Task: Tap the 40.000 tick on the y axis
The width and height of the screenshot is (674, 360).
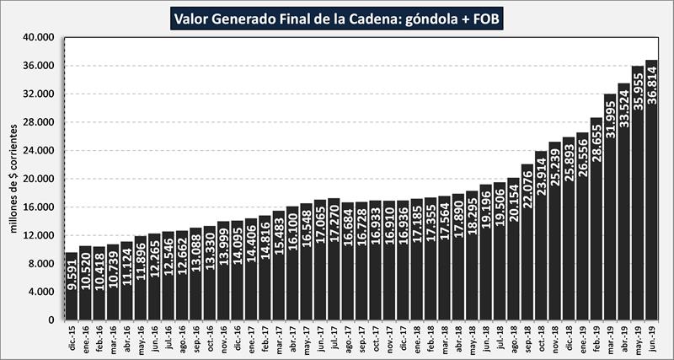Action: [x=39, y=37]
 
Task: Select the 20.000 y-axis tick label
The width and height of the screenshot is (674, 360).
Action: [x=39, y=179]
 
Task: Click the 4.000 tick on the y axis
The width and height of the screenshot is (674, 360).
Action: [x=41, y=292]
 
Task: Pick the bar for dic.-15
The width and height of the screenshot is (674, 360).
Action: [x=71, y=287]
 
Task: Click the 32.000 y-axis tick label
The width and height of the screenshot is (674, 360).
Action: [x=39, y=94]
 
